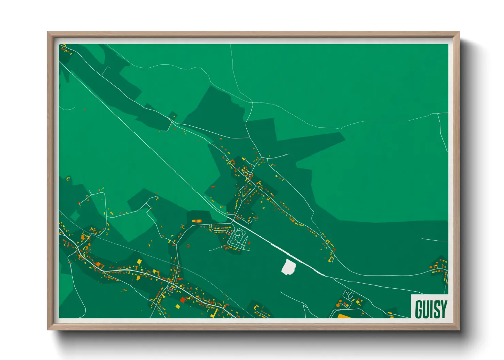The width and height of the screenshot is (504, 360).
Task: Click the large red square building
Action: pos(183,300)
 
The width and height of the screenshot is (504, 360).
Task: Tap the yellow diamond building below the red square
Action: pos(178,306)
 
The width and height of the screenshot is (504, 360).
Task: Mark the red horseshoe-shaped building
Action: pos(188,245)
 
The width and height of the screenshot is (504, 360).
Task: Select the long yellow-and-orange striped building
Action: pos(196,221)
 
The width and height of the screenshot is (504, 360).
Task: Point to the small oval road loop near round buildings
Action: pos(348,295)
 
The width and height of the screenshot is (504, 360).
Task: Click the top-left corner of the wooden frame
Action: pos(48,32)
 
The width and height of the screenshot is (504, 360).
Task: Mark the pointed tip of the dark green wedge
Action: pos(344,138)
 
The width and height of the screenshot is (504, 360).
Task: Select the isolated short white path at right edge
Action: pos(435,240)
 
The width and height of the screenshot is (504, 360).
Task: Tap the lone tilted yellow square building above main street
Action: pos(139,261)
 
